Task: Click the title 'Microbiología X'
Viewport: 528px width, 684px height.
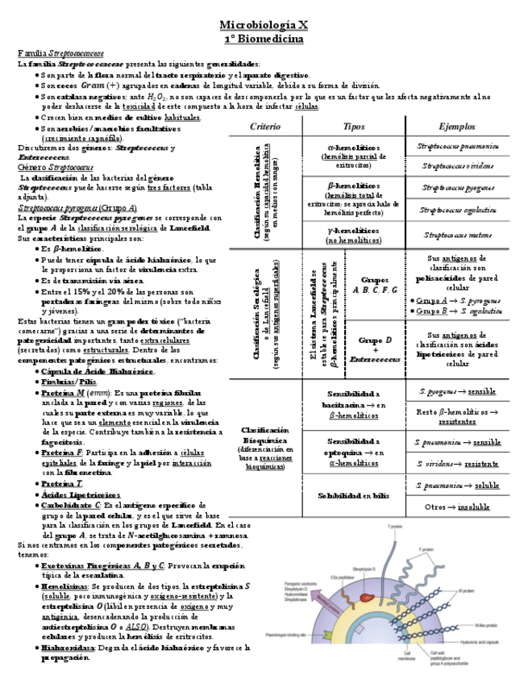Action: point(264,25)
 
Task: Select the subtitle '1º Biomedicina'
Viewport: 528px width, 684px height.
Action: point(264,38)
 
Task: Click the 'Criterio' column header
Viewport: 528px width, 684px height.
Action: point(265,127)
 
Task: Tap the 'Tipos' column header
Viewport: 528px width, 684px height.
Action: point(354,127)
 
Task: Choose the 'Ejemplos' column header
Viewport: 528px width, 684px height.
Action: point(457,127)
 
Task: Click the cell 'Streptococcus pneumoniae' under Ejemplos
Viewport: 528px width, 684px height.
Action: point(457,147)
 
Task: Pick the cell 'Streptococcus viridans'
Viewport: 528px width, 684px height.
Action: point(457,166)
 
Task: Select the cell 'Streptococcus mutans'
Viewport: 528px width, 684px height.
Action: point(457,236)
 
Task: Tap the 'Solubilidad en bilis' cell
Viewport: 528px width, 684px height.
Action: point(353,495)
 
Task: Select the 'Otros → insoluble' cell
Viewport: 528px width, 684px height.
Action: point(457,507)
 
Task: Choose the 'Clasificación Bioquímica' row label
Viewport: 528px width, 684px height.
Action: point(264,448)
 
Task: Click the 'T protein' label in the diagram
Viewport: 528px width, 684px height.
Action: point(394,527)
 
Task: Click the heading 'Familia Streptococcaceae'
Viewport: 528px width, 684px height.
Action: point(52,52)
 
